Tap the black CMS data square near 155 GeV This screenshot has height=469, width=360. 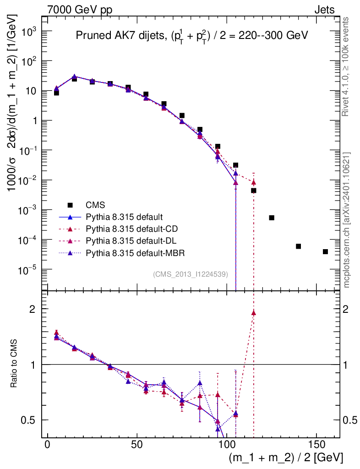pyautogui.click(x=325, y=251)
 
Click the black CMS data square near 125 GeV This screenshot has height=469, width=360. pyautogui.click(x=272, y=218)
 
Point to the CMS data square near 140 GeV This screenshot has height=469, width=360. pyautogui.click(x=298, y=246)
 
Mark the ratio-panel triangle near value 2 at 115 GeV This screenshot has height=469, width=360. pyautogui.click(x=254, y=313)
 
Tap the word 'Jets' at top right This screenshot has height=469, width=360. pyautogui.click(x=324, y=9)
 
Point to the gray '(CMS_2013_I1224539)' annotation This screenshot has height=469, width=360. pyautogui.click(x=194, y=274)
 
